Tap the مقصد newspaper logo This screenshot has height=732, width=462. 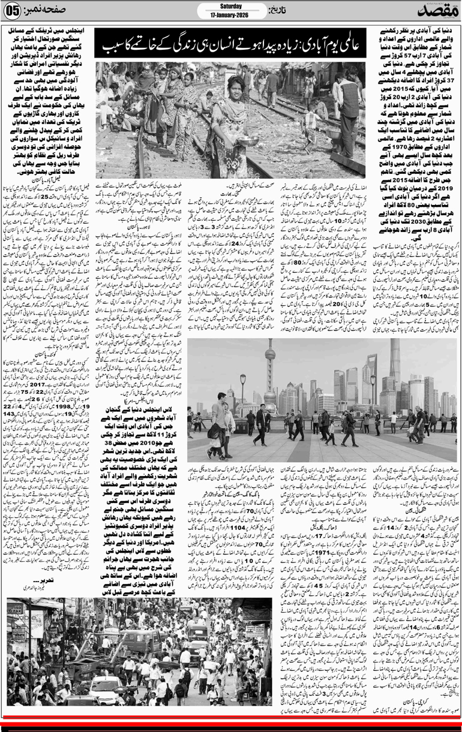(433, 11)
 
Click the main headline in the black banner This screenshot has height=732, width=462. (237, 46)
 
